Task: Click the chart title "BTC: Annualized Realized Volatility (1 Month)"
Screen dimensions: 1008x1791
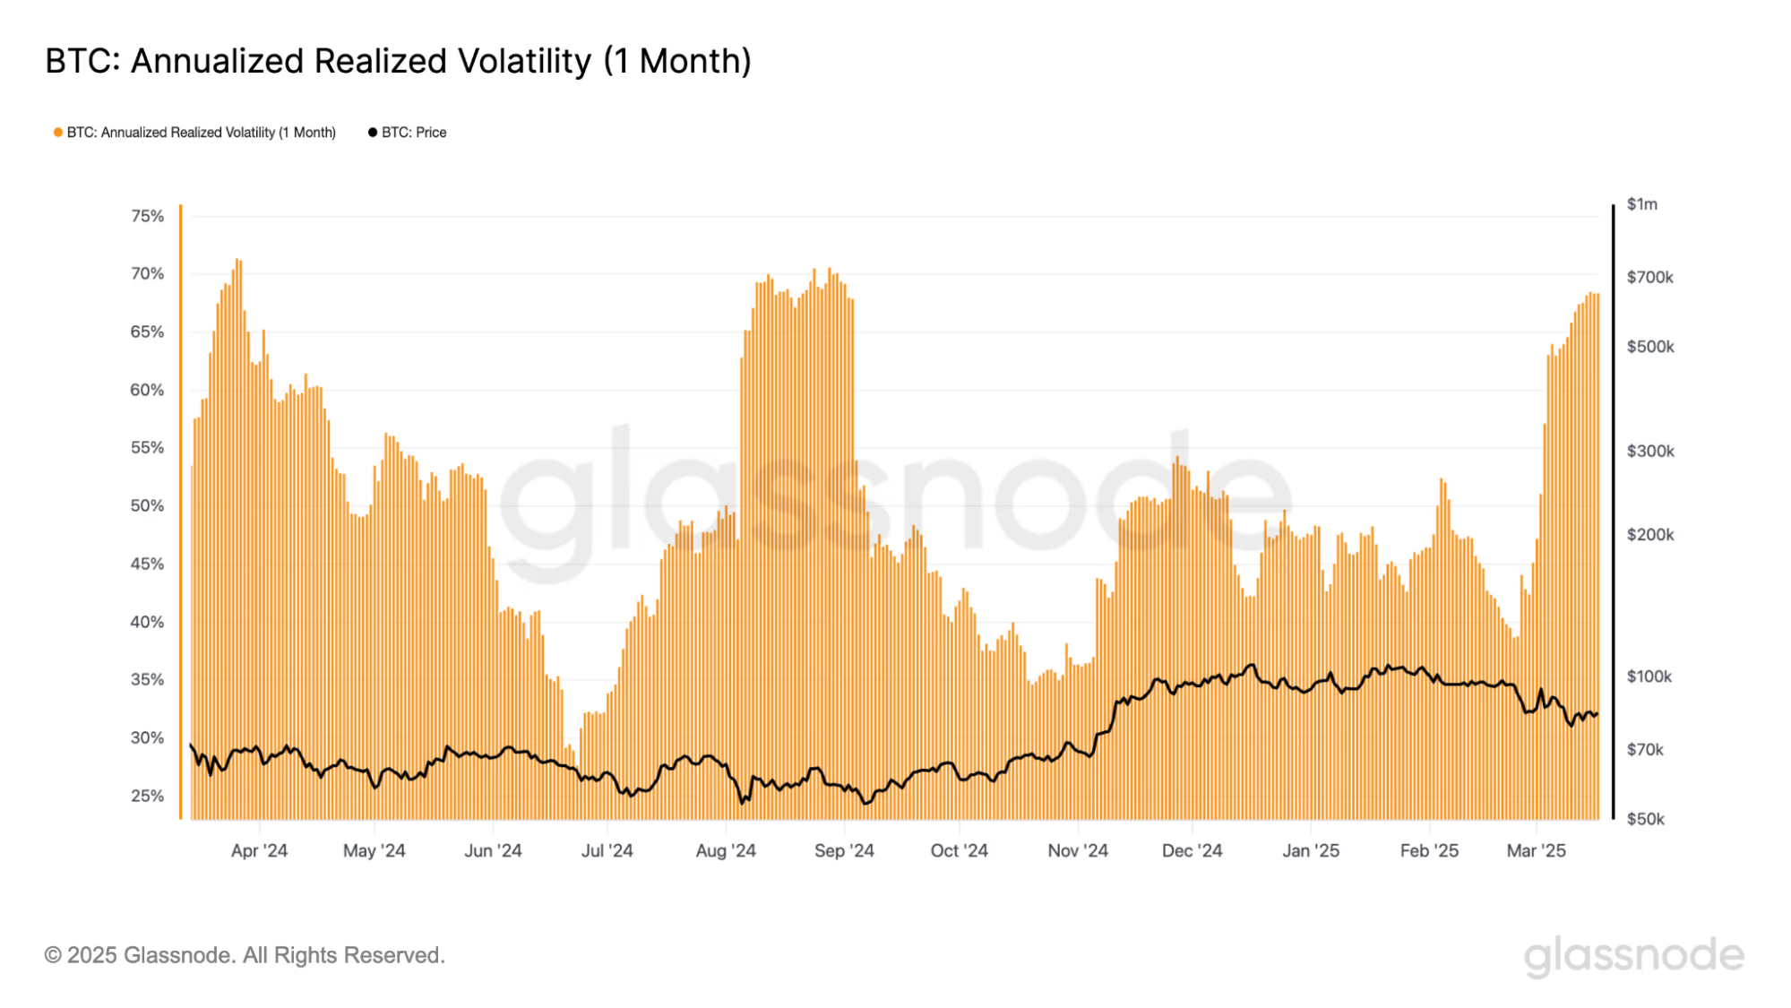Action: (x=398, y=61)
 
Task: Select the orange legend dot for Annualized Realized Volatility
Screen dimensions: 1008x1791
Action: (x=58, y=133)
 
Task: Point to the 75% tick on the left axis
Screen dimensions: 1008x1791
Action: (x=147, y=216)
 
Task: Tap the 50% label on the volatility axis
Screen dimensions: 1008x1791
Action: (x=147, y=505)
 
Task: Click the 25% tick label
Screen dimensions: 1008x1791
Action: (x=147, y=796)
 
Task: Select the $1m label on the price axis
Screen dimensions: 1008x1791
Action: (x=1642, y=204)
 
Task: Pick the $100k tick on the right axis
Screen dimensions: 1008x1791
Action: (x=1649, y=676)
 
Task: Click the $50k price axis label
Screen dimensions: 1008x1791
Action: (x=1646, y=819)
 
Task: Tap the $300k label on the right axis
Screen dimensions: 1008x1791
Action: (x=1650, y=451)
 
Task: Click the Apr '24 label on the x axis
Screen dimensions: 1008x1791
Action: (x=259, y=850)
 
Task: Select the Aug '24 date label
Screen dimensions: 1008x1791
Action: (x=726, y=850)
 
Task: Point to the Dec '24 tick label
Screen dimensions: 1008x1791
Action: (x=1192, y=850)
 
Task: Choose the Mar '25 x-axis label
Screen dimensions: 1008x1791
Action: (x=1536, y=850)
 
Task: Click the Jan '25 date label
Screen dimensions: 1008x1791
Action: (x=1311, y=850)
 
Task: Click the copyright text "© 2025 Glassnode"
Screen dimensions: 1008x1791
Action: (x=245, y=955)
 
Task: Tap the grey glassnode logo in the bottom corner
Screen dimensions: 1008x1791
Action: (x=1634, y=955)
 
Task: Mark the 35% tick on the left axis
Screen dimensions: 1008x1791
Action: (x=147, y=679)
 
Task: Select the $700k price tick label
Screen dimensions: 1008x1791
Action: (x=1650, y=277)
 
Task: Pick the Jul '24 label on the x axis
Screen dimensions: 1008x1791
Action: (x=607, y=850)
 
